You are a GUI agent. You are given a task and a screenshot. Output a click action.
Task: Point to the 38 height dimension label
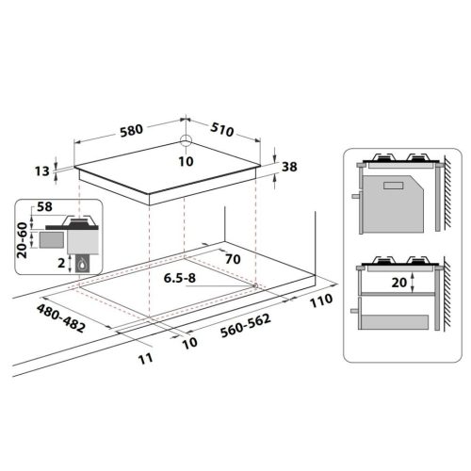coord(289,167)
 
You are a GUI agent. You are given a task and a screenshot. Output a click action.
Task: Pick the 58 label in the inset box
coord(43,205)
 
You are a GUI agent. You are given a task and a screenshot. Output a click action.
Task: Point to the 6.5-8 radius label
coord(180,279)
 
